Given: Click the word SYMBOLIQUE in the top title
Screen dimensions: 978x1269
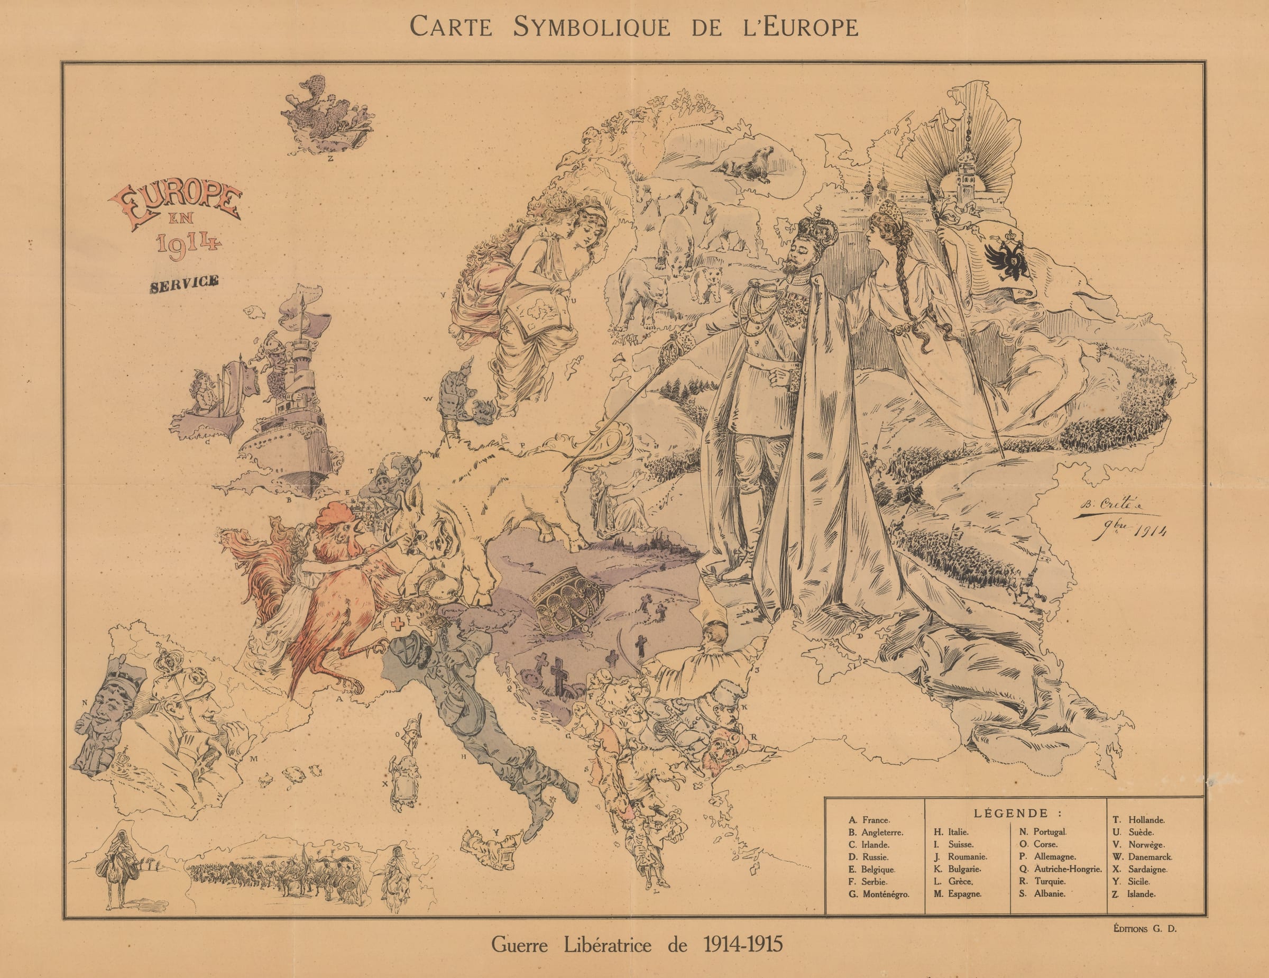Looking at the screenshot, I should pyautogui.click(x=592, y=28).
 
